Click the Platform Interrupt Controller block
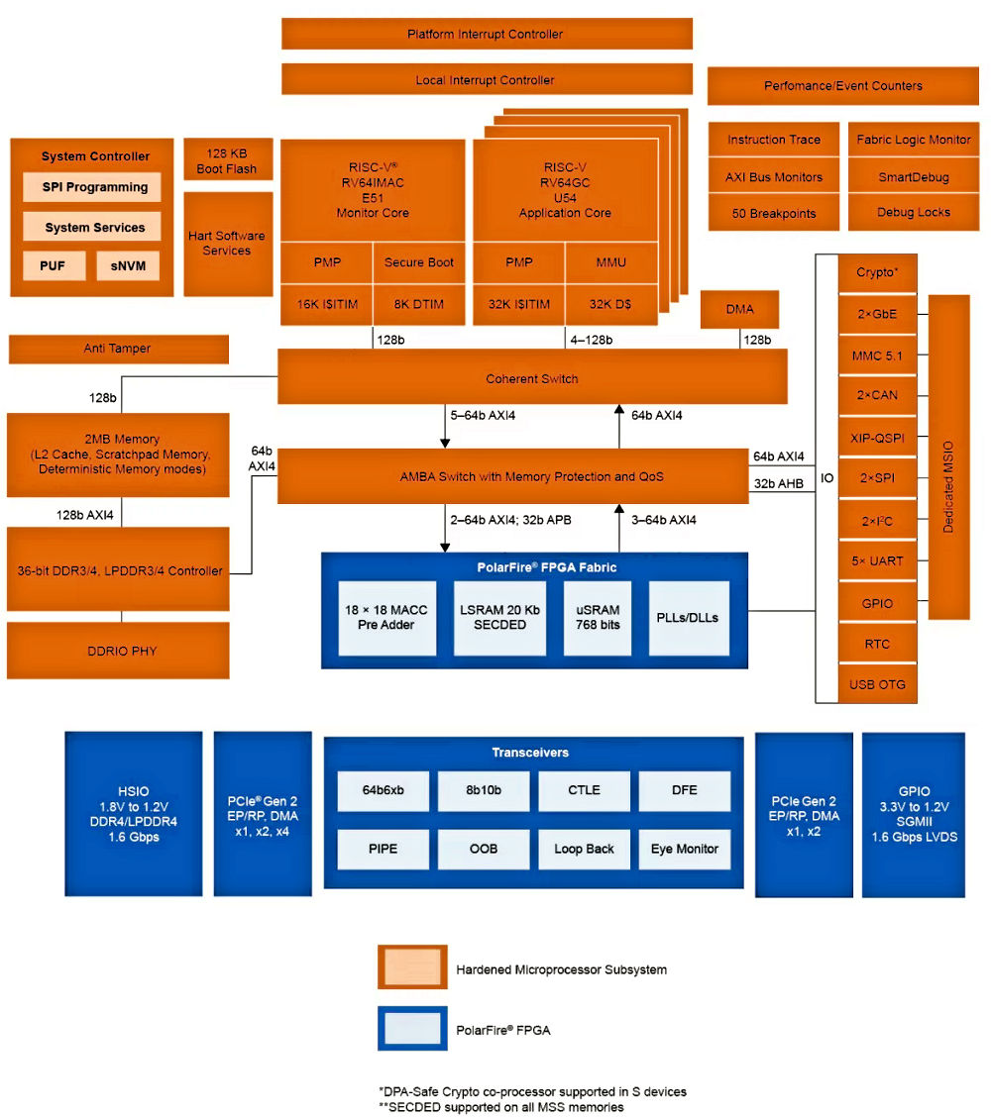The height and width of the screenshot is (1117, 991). coord(486,34)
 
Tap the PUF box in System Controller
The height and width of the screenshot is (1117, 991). coord(54,265)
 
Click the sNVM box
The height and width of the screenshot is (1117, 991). coord(127,265)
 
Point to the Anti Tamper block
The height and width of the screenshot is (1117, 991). coord(117,349)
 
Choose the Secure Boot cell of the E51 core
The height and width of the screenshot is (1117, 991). coord(418,262)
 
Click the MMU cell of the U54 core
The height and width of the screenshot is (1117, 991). coord(610,262)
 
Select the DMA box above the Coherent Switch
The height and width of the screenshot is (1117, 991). coord(739,309)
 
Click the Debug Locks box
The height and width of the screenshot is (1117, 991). coord(913,213)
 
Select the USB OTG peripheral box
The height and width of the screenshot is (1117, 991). coord(877,684)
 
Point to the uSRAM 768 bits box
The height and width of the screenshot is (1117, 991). coord(598,617)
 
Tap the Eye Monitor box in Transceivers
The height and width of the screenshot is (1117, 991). coord(684,849)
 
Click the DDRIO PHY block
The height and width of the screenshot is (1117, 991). coord(117,651)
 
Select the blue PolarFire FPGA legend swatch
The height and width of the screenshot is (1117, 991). coord(411,1029)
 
